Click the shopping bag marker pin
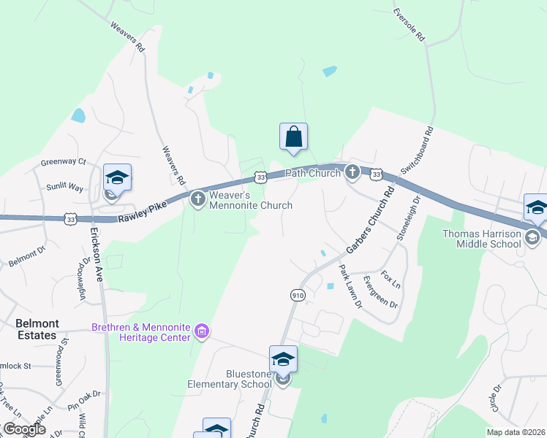tap(293, 137)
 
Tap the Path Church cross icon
tap(352, 173)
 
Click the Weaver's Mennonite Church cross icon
tap(197, 199)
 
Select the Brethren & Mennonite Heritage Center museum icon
tap(202, 333)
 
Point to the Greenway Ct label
tap(63, 161)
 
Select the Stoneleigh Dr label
tap(408, 218)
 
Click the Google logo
tap(24, 429)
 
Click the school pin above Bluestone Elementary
tap(283, 359)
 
